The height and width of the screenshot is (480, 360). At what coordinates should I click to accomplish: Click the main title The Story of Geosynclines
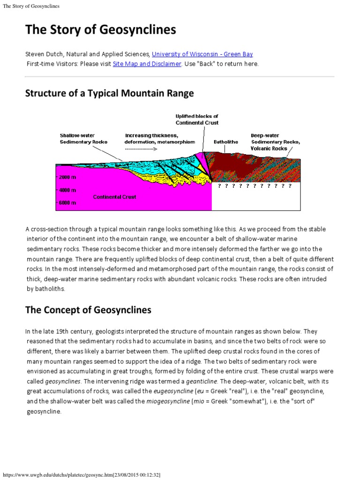(100, 30)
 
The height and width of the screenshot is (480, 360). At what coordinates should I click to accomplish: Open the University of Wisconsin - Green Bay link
(205, 54)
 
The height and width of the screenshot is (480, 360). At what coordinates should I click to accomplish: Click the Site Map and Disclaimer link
(147, 64)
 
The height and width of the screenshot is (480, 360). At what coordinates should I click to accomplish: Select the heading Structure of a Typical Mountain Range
(109, 93)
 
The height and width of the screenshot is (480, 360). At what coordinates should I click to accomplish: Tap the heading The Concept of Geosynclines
(88, 310)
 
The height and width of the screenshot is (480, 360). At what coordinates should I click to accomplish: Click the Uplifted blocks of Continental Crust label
(197, 120)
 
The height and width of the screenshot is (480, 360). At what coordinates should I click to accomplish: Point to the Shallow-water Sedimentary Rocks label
(83, 139)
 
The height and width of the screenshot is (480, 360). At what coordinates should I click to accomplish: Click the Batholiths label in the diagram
(226, 142)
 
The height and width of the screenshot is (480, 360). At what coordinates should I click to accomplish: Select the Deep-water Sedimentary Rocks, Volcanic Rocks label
(275, 142)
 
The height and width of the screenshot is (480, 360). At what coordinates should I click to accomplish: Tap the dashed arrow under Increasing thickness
(141, 149)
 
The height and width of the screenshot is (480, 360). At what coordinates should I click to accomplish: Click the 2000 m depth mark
(67, 178)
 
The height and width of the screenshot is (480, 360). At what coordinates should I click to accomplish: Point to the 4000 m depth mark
(67, 190)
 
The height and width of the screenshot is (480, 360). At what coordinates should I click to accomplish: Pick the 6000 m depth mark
(67, 202)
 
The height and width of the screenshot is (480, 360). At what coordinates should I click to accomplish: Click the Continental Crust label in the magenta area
(114, 197)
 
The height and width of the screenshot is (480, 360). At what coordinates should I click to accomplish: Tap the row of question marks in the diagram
(255, 186)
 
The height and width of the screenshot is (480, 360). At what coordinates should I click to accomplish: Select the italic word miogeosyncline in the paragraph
(148, 401)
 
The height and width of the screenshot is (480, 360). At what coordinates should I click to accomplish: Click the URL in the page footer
(81, 475)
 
